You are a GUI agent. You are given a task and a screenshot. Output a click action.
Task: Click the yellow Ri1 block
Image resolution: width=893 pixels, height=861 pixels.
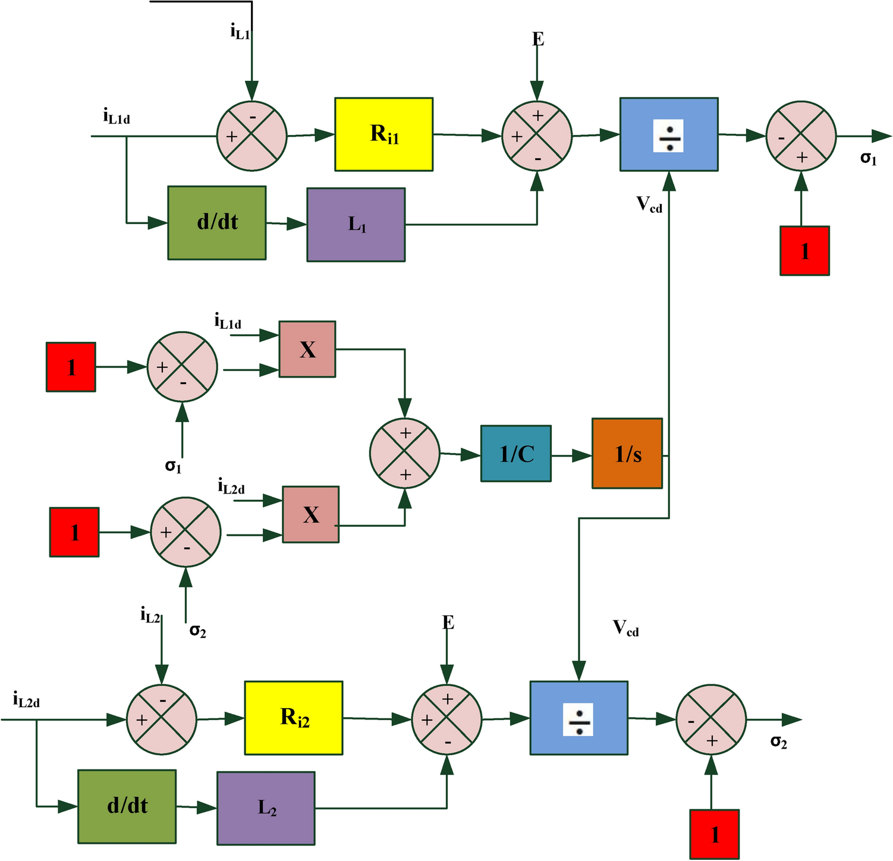click(x=383, y=134)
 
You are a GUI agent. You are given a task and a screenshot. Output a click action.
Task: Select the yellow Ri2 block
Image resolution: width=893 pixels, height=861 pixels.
click(x=293, y=718)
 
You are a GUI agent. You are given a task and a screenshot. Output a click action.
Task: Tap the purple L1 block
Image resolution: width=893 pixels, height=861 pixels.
click(x=356, y=225)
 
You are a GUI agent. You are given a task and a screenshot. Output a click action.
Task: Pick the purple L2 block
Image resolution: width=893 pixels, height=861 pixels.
click(x=266, y=808)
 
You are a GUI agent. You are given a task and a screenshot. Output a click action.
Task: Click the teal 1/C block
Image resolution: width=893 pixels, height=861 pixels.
click(x=515, y=454)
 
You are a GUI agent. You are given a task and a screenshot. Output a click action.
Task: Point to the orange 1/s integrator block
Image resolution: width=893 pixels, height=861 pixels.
click(x=627, y=454)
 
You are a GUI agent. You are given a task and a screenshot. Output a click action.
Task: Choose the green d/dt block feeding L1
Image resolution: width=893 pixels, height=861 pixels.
click(x=216, y=223)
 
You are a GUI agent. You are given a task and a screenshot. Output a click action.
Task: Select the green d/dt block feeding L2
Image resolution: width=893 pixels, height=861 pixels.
click(x=127, y=806)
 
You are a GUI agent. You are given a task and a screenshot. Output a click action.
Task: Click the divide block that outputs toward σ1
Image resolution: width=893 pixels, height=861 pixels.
click(x=669, y=134)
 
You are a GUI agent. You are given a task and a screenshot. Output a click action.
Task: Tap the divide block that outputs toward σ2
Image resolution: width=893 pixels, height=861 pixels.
click(x=578, y=718)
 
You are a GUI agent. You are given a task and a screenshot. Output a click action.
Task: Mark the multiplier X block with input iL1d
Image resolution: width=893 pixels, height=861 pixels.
click(x=307, y=349)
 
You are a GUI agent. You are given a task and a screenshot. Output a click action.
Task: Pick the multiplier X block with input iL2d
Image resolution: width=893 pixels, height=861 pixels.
click(x=310, y=514)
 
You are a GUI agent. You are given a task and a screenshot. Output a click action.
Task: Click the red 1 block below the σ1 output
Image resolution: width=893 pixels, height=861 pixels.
click(x=804, y=251)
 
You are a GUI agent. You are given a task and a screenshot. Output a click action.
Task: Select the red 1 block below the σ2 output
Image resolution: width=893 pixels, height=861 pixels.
click(x=714, y=834)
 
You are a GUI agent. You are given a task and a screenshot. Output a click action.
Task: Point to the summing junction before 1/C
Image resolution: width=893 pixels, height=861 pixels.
click(x=405, y=453)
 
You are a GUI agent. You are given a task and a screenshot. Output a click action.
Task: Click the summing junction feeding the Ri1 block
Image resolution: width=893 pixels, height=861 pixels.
click(x=252, y=136)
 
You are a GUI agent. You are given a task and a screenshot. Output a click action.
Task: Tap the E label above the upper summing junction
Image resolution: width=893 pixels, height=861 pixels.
click(x=537, y=40)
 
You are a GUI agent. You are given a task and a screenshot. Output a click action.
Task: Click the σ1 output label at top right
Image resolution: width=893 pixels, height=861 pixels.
click(x=868, y=158)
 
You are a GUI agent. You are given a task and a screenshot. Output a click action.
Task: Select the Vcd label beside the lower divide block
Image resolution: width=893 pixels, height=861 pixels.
click(x=625, y=628)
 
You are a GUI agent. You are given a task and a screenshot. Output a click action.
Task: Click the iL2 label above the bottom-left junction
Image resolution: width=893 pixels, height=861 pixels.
click(x=150, y=615)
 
